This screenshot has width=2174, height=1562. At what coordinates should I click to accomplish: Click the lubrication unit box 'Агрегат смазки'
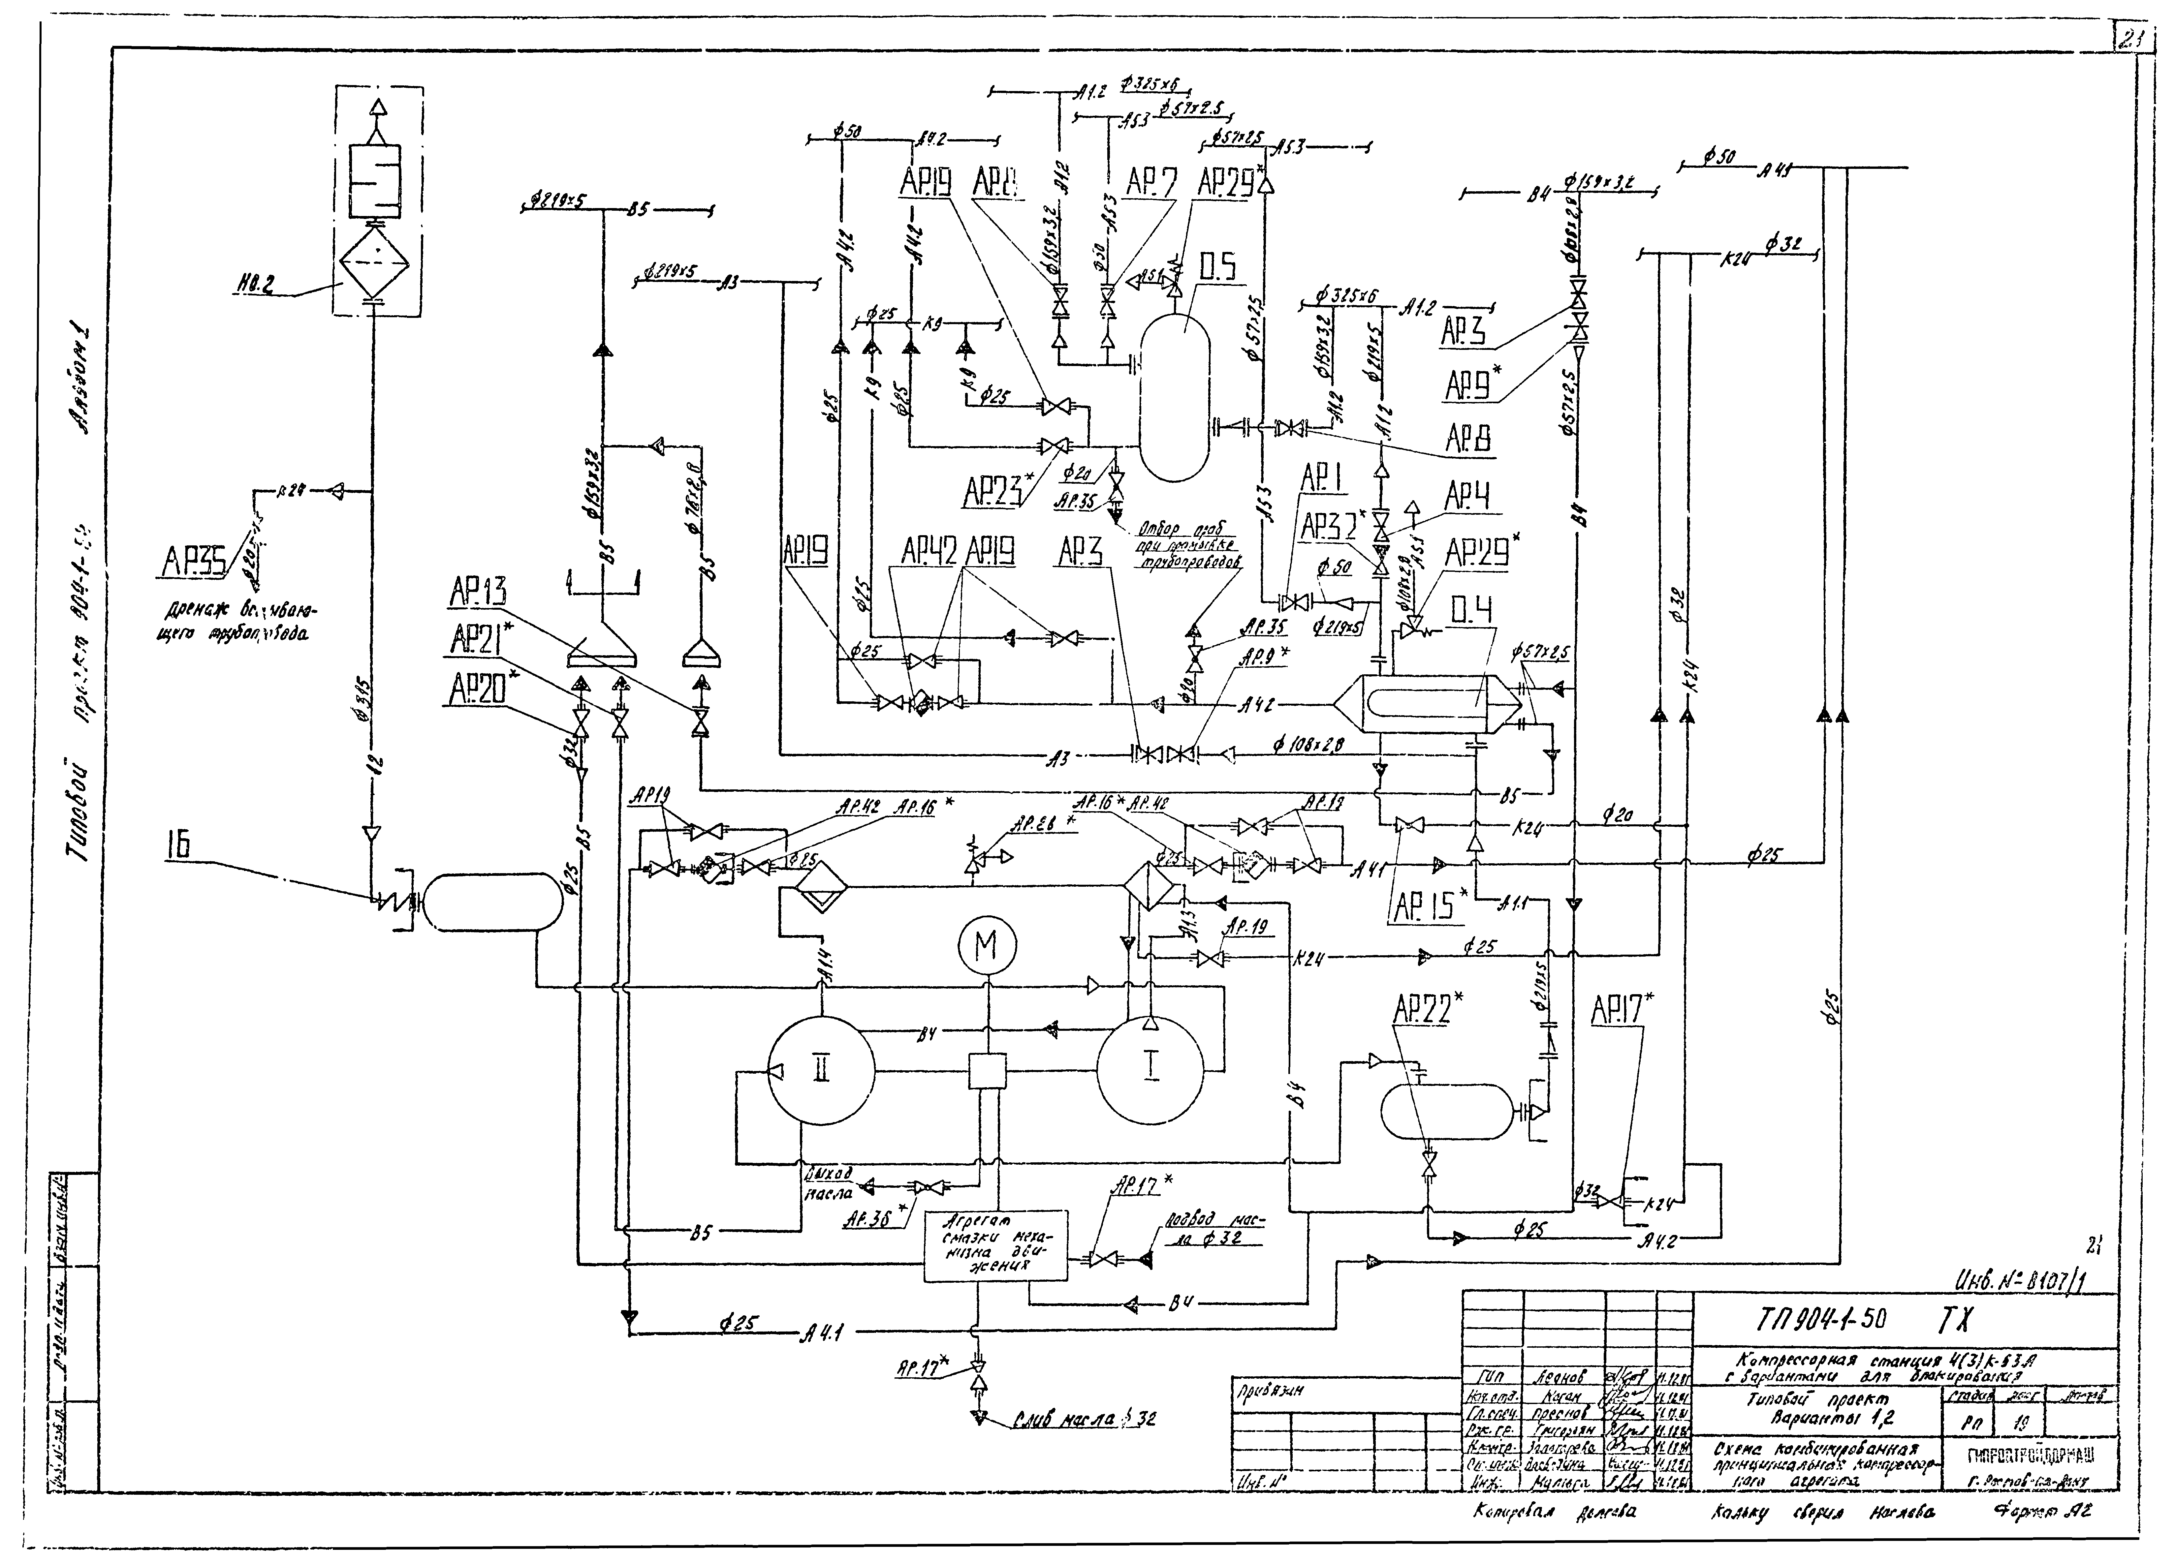995,1245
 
